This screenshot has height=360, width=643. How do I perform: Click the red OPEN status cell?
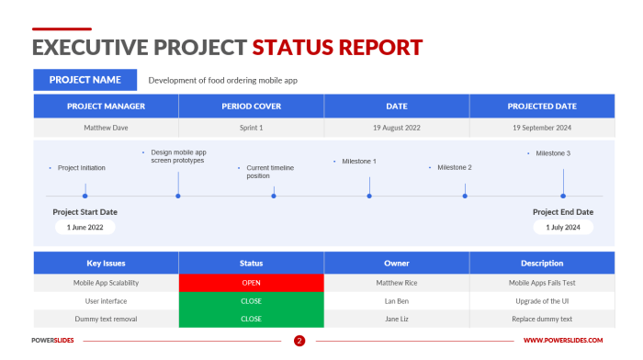[x=251, y=283]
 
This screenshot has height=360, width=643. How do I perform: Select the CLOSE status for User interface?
[x=251, y=300]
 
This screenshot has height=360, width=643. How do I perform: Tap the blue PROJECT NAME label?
[x=85, y=80]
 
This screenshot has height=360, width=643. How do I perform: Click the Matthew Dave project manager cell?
[x=107, y=128]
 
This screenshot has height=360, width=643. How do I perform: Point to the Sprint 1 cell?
[x=251, y=128]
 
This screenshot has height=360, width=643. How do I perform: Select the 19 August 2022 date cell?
[x=396, y=128]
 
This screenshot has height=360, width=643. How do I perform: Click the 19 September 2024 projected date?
[x=542, y=128]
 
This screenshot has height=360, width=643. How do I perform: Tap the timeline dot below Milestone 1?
[x=369, y=196]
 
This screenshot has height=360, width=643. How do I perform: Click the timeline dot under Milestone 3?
[x=563, y=196]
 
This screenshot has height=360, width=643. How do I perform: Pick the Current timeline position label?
[x=270, y=172]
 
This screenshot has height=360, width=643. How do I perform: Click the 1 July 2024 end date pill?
[x=562, y=227]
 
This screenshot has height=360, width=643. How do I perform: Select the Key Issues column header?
[x=107, y=263]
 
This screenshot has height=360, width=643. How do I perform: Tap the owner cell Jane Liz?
[x=396, y=319]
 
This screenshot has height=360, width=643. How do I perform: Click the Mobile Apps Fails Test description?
[x=542, y=283]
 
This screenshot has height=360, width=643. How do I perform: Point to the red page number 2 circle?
[x=299, y=341]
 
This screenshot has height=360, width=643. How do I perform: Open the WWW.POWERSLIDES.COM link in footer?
[x=569, y=341]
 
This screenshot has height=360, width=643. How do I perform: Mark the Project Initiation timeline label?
[x=81, y=168]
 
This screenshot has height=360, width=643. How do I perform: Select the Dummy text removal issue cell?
[x=107, y=319]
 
